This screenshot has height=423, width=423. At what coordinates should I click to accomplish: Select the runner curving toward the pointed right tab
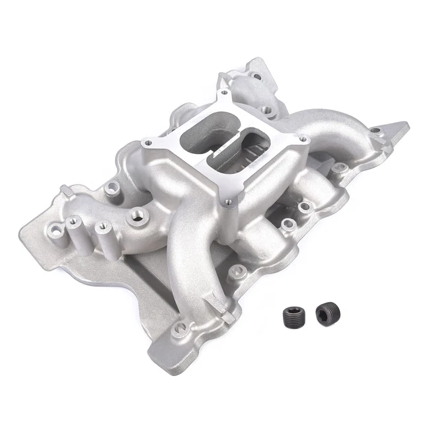(330, 132)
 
